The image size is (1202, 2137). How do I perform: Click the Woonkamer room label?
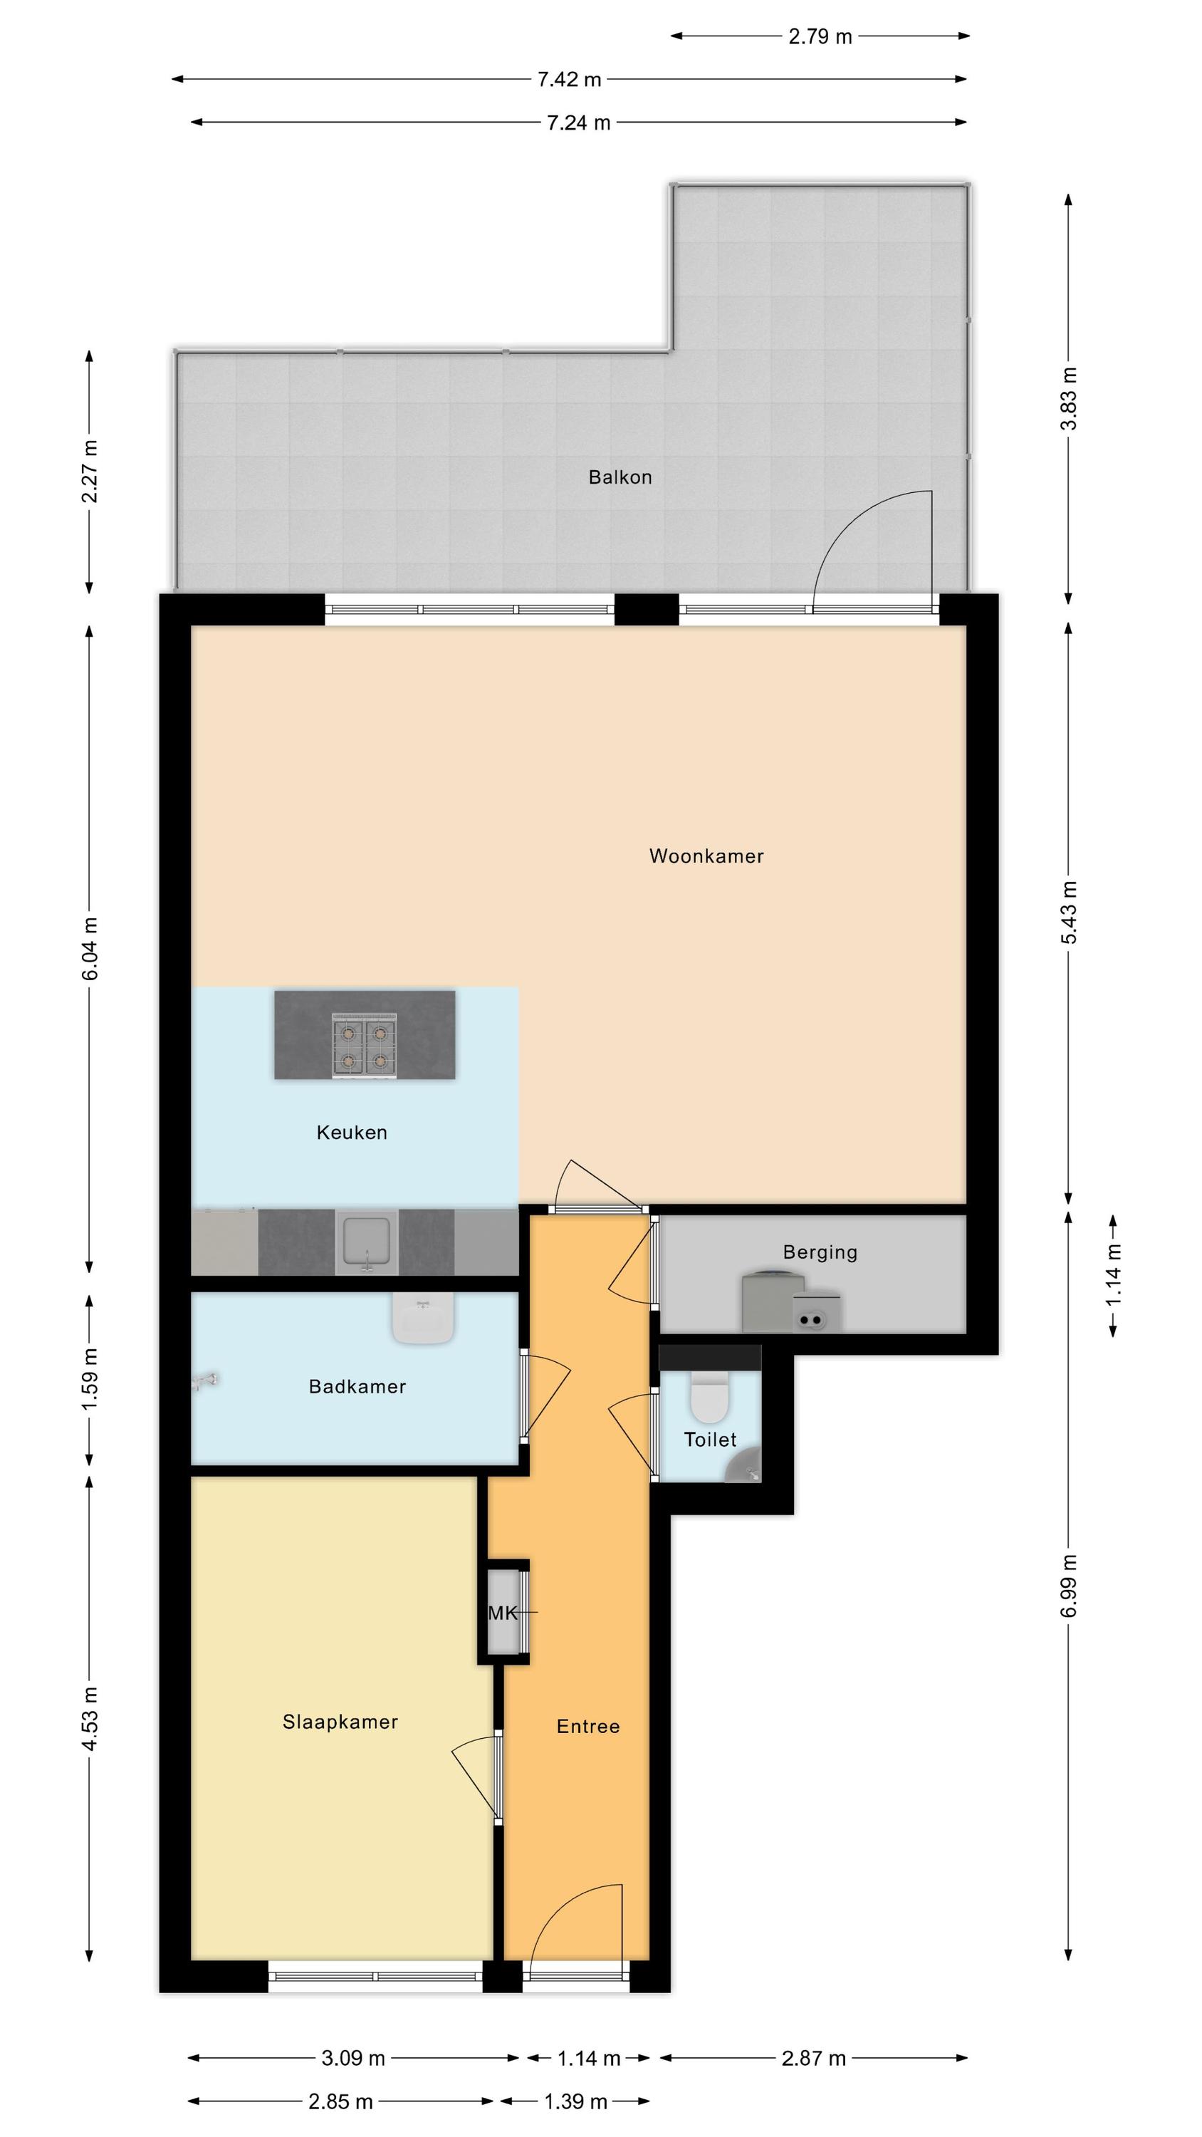(x=706, y=856)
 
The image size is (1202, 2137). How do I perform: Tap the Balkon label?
(x=620, y=477)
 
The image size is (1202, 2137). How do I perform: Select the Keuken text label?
(x=352, y=1133)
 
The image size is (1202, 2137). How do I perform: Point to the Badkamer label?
(x=357, y=1386)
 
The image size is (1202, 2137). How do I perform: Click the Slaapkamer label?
(x=340, y=1722)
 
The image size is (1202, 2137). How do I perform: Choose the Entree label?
(x=588, y=1727)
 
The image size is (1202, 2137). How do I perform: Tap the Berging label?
(x=820, y=1252)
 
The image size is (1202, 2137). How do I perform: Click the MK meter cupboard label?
(x=503, y=1613)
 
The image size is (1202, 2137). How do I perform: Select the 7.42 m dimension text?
(x=569, y=80)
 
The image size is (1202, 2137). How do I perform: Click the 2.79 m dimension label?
(x=820, y=36)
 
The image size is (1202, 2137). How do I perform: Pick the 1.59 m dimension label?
(x=90, y=1379)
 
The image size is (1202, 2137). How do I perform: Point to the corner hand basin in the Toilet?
(x=744, y=1467)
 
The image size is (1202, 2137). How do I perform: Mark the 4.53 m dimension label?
(x=90, y=1718)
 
